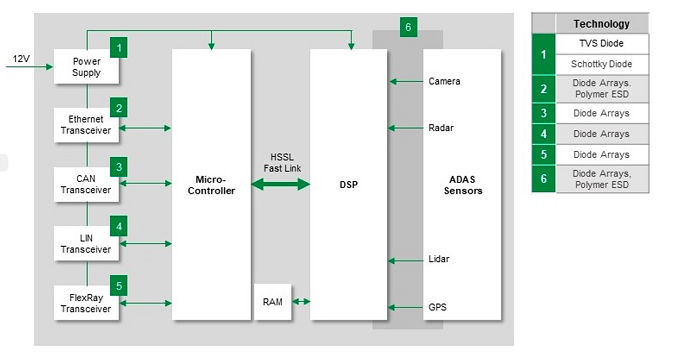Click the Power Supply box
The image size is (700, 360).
click(x=86, y=67)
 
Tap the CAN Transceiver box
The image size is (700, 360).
click(x=86, y=183)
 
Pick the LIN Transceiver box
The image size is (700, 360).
click(x=86, y=243)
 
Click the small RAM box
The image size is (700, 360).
click(x=273, y=300)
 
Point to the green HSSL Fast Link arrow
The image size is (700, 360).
click(x=281, y=184)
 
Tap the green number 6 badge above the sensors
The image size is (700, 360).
click(x=407, y=27)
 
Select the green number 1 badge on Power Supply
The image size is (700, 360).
click(x=119, y=48)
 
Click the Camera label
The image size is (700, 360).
click(x=444, y=80)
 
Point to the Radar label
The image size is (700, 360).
click(x=441, y=128)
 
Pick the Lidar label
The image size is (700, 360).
click(x=439, y=260)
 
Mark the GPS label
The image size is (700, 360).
click(x=437, y=307)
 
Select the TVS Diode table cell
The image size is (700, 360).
click(x=601, y=44)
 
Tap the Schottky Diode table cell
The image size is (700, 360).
click(x=601, y=64)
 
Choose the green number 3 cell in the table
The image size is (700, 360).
click(x=542, y=113)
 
